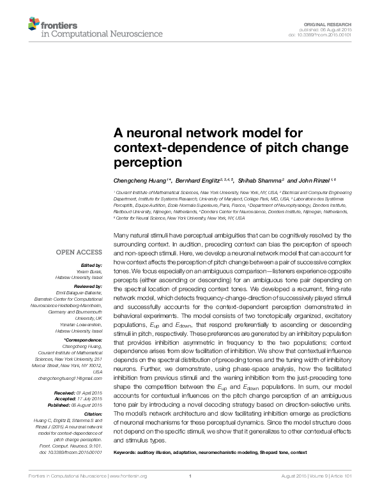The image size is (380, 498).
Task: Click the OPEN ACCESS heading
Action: (x=78, y=252)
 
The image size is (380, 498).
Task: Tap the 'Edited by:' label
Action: (x=92, y=264)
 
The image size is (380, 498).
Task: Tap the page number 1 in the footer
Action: (x=190, y=494)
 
